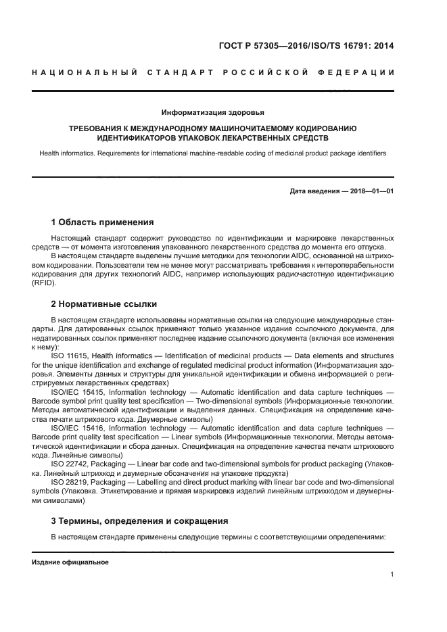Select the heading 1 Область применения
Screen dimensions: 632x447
[x=102, y=222]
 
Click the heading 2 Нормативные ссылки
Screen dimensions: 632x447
[x=104, y=303]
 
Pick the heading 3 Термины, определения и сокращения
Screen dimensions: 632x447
[x=139, y=520]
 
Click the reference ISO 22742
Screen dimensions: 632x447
[x=69, y=465]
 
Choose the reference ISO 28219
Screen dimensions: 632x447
[x=69, y=483]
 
